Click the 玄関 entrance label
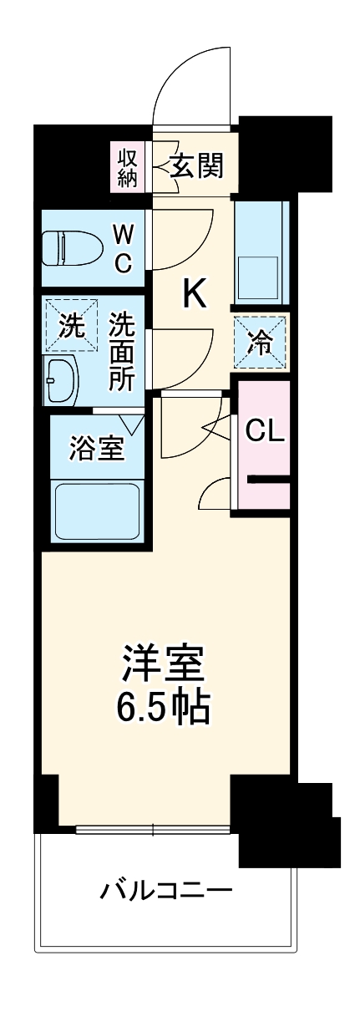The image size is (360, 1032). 196,166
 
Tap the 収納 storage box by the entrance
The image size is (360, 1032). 128,167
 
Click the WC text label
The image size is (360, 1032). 122,247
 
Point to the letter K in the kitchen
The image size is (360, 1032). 195,293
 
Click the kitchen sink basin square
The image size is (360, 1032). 260,272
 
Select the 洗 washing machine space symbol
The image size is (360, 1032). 70,327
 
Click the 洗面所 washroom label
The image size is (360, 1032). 122,351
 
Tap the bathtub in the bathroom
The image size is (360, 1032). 95,511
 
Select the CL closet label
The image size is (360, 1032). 265,431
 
